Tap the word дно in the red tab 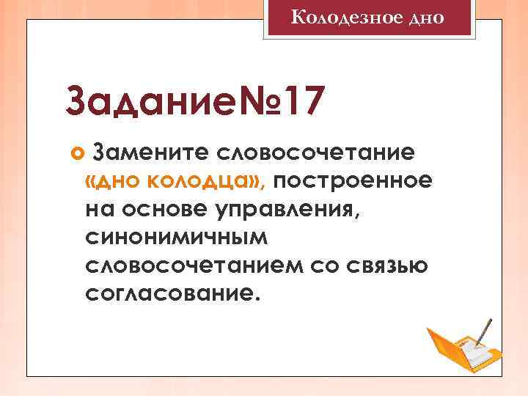coord(425,16)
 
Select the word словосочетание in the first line coord(315,152)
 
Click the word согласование coord(172,294)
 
